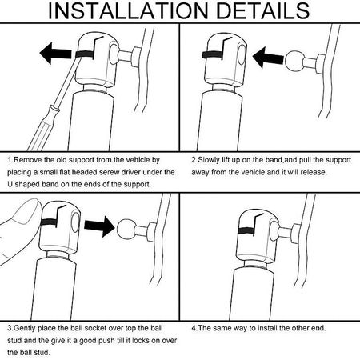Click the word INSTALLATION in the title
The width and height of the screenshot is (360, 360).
coord(128,10)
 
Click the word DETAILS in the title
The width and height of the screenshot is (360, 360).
coord(263,10)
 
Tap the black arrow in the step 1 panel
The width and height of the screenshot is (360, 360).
coord(55,53)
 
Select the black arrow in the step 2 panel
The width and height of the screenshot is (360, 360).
coord(268,57)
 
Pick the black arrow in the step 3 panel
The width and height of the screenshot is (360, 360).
coord(99,226)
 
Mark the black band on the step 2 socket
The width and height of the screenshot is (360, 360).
coord(212,55)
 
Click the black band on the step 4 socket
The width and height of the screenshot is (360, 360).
coord(246,231)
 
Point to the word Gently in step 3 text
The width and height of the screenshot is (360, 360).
coord(25,328)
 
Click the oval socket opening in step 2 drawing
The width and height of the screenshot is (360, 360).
coord(242,54)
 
